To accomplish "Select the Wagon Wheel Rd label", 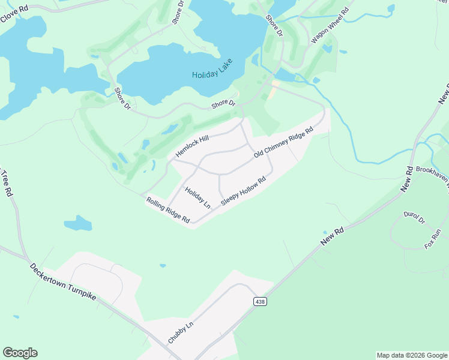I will [330, 25].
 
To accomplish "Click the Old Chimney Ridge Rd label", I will [283, 143].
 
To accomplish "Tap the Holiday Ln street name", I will [197, 198].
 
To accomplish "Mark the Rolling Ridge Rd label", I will [168, 211].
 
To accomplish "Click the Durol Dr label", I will [414, 217].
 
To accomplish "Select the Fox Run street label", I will [433, 239].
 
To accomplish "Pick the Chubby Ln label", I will [181, 332].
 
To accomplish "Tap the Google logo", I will [20, 353].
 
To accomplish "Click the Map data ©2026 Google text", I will [412, 355].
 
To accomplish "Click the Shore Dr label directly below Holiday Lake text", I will [223, 104].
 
